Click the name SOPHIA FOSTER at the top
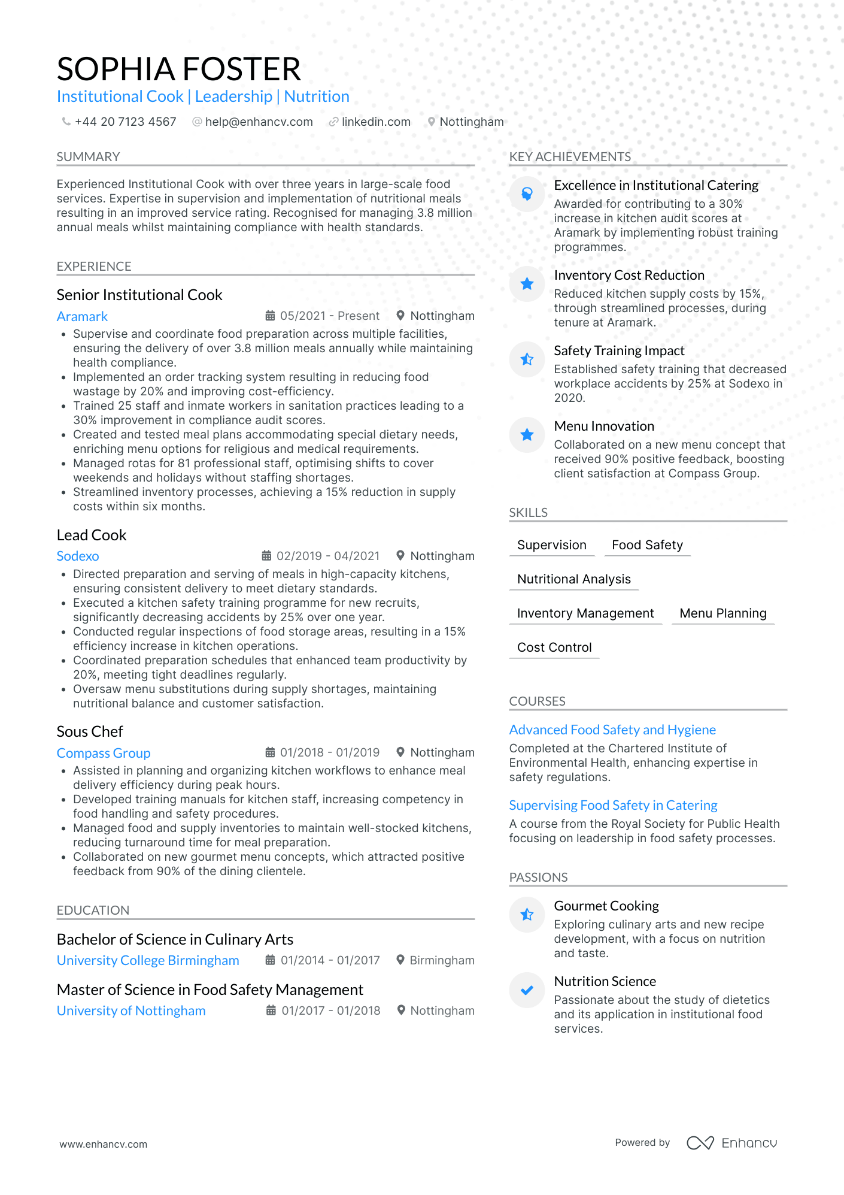point(178,69)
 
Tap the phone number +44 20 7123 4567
point(125,122)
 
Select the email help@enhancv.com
point(259,122)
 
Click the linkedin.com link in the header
point(376,122)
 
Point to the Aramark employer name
point(82,316)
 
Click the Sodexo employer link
point(78,556)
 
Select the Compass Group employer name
point(104,753)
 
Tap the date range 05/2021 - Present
point(329,316)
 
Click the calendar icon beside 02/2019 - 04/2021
point(267,556)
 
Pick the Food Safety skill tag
point(647,545)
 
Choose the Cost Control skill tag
point(554,648)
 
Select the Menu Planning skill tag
point(723,613)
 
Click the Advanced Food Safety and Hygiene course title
point(612,730)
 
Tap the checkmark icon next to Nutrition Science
point(527,990)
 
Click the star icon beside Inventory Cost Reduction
point(527,284)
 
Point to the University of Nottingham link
point(131,1011)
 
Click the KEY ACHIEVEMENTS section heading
point(570,157)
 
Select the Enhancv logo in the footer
point(731,1143)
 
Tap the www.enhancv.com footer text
point(103,1144)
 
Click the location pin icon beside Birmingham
point(400,960)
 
